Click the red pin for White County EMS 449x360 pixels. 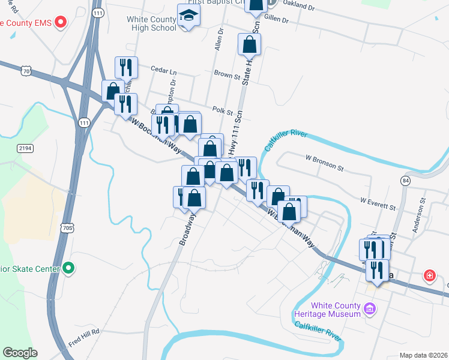point(60,23)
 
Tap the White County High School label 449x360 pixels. point(151,23)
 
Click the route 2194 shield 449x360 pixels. point(25,148)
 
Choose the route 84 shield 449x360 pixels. point(406,180)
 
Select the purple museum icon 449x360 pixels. point(370,310)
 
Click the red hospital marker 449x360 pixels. point(430,276)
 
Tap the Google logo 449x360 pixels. point(20,353)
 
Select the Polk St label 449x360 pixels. point(222,110)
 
